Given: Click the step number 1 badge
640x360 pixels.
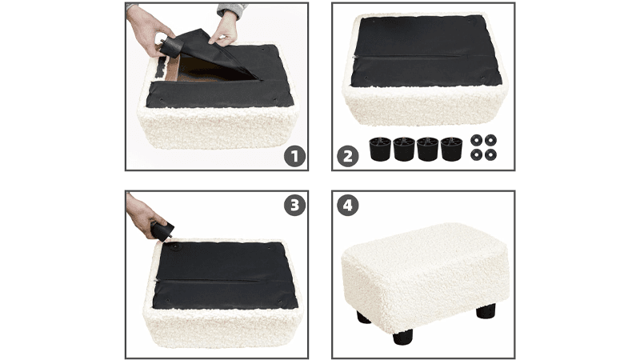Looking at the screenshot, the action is pyautogui.click(x=294, y=156).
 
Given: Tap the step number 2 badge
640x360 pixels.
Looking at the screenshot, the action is pyautogui.click(x=348, y=156).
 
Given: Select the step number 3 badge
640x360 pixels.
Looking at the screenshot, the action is pyautogui.click(x=294, y=205).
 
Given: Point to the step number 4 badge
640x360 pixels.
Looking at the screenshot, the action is pyautogui.click(x=348, y=205).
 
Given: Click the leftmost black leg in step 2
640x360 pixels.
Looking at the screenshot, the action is pyautogui.click(x=380, y=149).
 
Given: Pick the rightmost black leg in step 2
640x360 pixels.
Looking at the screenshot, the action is pyautogui.click(x=451, y=149).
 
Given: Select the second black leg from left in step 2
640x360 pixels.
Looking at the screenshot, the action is pyautogui.click(x=404, y=149).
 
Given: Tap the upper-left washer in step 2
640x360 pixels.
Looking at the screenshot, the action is pyautogui.click(x=476, y=141).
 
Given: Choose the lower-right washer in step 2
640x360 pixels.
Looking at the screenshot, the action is pyautogui.click(x=490, y=154).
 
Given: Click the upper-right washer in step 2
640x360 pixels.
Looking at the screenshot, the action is pyautogui.click(x=490, y=141).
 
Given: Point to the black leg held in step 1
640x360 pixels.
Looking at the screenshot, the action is pyautogui.click(x=171, y=46).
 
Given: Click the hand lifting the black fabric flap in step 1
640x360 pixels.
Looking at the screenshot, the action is pyautogui.click(x=223, y=29).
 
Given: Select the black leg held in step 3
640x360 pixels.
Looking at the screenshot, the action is pyautogui.click(x=162, y=230).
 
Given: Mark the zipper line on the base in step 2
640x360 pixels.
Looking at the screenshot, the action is pyautogui.click(x=425, y=56).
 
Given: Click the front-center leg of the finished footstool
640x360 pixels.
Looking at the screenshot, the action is pyautogui.click(x=403, y=336).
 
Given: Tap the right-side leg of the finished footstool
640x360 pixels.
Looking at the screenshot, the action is pyautogui.click(x=486, y=310).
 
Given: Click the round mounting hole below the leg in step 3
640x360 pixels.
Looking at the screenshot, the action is pyautogui.click(x=176, y=246).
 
